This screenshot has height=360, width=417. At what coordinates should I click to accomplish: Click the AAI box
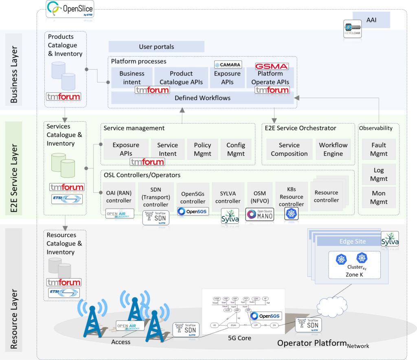[371, 19]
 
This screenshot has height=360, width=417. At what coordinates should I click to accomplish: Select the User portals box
[156, 47]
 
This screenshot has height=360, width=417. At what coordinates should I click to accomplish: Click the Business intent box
[132, 77]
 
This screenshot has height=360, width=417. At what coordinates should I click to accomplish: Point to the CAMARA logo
[228, 65]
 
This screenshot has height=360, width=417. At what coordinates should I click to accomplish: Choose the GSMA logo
[272, 66]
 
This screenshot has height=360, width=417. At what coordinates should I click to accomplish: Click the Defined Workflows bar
[202, 98]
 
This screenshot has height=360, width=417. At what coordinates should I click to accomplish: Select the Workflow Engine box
[333, 149]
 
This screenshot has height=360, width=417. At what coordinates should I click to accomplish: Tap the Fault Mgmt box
[379, 149]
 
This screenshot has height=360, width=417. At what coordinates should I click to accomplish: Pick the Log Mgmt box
[379, 175]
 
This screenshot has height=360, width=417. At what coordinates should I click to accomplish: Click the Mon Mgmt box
[379, 197]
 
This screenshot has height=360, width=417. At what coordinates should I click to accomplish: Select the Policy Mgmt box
[202, 149]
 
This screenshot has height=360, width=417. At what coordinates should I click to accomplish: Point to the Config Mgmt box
[236, 149]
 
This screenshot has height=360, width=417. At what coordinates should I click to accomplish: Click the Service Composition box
[289, 149]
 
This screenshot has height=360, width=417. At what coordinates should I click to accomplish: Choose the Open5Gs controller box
[193, 197]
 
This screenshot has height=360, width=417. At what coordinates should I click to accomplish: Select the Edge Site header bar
[352, 241]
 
